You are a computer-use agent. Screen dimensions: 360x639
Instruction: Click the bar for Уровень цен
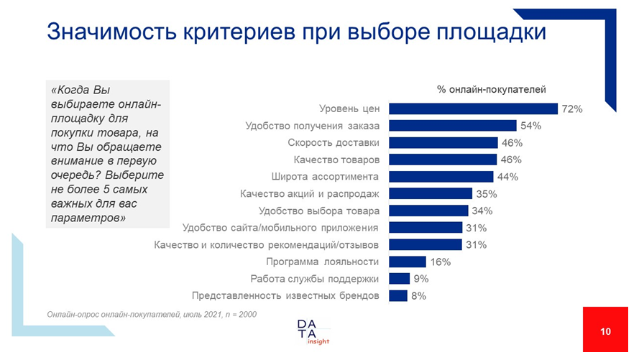pos(473,109)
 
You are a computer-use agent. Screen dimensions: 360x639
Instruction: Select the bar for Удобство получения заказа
pos(452,126)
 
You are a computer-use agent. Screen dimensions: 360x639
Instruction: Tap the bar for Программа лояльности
pos(408,262)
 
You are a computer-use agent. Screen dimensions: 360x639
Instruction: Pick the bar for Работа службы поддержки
pos(399,279)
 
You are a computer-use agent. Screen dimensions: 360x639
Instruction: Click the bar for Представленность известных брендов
pos(398,295)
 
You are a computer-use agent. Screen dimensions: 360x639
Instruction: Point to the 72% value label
pos(571,109)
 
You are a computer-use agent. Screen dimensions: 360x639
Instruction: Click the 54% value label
pos(530,126)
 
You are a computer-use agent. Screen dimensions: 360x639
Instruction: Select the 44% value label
pos(507,177)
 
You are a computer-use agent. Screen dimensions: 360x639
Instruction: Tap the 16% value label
pos(441,262)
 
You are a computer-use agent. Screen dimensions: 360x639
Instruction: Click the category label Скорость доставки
pos(334,142)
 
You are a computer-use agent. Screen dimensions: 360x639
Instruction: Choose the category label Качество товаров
pos(336,160)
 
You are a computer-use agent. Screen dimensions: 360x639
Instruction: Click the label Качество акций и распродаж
pos(309,194)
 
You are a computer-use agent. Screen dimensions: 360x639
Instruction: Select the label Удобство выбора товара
pos(318,211)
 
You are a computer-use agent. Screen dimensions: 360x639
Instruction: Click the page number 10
pos(605,331)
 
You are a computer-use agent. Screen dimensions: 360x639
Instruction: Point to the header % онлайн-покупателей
pos(492,89)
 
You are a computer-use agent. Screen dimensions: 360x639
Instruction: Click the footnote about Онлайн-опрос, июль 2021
pos(152,314)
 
